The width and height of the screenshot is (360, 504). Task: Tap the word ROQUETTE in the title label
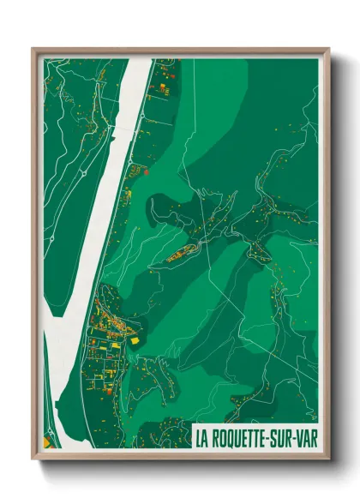(x=245, y=437)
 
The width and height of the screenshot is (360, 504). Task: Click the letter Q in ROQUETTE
(x=232, y=437)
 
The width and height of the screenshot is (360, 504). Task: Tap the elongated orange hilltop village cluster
(x=184, y=252)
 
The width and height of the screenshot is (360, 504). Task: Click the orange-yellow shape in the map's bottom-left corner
(x=47, y=442)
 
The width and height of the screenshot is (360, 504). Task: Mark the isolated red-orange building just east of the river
(x=147, y=171)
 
